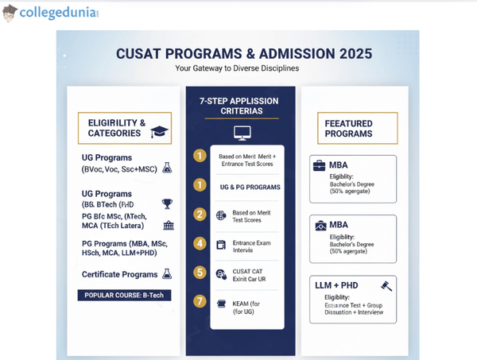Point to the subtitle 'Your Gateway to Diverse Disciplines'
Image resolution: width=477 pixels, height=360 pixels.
238,69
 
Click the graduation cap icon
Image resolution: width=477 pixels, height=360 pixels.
160,131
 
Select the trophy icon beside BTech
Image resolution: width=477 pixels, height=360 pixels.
167,204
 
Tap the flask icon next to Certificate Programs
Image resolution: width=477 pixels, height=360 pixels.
167,274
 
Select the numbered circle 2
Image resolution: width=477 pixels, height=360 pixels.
200,215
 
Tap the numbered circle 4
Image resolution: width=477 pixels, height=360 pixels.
200,243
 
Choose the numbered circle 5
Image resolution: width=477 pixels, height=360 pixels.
200,273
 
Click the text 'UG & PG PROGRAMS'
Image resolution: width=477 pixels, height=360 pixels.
249,187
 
